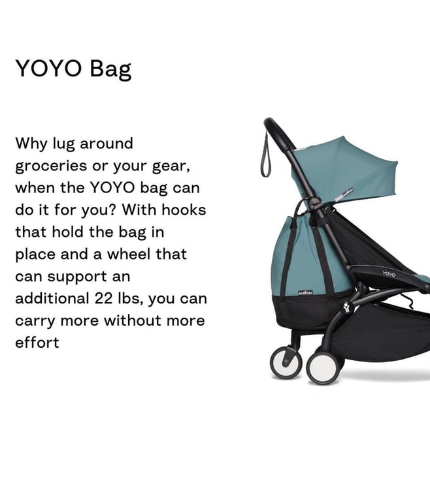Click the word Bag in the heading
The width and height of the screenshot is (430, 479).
110,69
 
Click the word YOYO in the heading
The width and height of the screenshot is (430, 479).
48,68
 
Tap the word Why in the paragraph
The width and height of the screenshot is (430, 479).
31,144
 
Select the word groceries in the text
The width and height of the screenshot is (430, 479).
51,166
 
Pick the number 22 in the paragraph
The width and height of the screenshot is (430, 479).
103,298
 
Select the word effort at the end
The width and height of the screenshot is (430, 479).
37,342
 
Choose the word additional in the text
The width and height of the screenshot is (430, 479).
52,298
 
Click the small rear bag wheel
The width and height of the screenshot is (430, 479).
286,362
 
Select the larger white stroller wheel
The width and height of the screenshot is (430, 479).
323,367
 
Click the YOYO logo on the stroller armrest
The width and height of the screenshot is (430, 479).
388,273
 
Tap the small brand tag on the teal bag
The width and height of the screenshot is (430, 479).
306,293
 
